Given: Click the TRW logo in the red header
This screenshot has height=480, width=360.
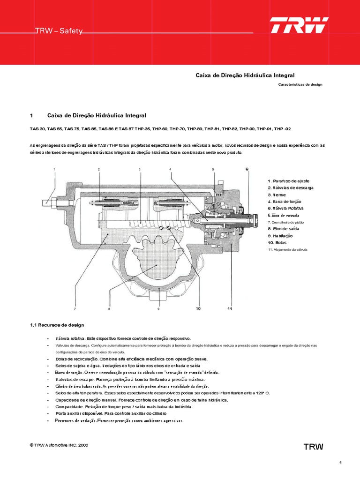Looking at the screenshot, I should pos(299,25).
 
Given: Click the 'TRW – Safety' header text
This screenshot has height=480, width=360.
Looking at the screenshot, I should pos(60,31).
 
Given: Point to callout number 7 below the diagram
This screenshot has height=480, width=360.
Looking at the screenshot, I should pos(75,309).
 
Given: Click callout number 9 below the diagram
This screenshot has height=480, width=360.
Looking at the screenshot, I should pos(158,309).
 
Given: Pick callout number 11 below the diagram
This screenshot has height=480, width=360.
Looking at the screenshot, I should pos(230,309).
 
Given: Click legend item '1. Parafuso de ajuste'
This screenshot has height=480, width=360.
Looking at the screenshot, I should pos(288,181).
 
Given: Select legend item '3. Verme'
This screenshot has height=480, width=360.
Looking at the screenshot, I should pos(277,195).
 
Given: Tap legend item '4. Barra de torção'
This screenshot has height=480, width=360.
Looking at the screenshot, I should pos(285,201).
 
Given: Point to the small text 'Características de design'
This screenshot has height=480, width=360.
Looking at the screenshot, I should pos(300,85).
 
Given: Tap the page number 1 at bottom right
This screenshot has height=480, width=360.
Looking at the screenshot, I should pos(341,463).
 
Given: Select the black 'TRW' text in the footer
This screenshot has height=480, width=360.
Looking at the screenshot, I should pos(313,447).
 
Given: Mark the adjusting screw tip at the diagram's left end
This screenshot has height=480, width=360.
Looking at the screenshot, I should pos(45,202).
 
